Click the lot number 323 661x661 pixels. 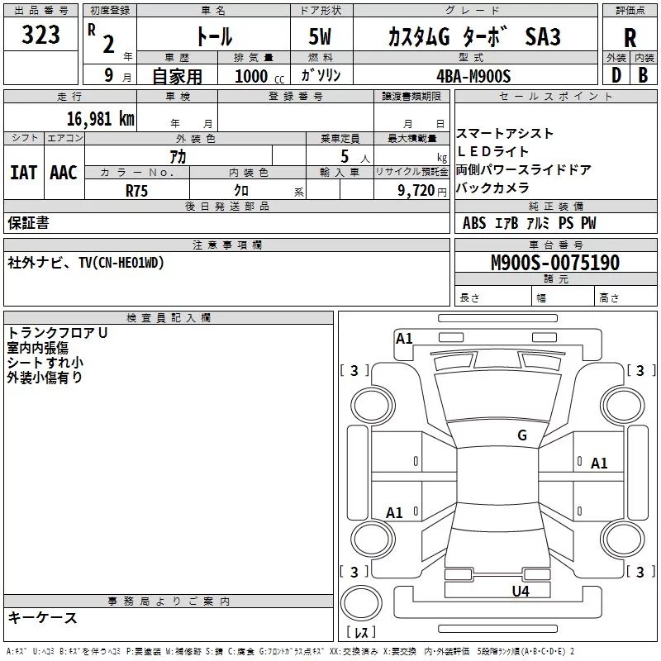(40, 35)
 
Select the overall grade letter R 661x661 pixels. (630, 38)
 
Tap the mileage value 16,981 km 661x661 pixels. (100, 118)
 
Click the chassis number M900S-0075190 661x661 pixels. (555, 262)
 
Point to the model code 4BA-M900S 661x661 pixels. (473, 76)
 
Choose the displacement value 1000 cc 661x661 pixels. (259, 76)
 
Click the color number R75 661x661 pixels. (136, 191)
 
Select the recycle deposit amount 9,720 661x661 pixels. (416, 191)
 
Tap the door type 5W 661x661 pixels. (320, 36)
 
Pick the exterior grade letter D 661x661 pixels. (616, 75)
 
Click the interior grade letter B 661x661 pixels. (643, 75)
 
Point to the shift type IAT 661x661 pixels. (24, 173)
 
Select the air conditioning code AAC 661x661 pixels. (64, 173)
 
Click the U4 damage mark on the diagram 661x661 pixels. (521, 592)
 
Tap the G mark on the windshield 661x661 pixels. (522, 435)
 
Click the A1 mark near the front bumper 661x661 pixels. (404, 339)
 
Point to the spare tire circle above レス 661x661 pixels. (361, 603)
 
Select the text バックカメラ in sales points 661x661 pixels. (492, 188)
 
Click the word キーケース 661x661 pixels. (42, 618)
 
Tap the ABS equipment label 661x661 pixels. (474, 223)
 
